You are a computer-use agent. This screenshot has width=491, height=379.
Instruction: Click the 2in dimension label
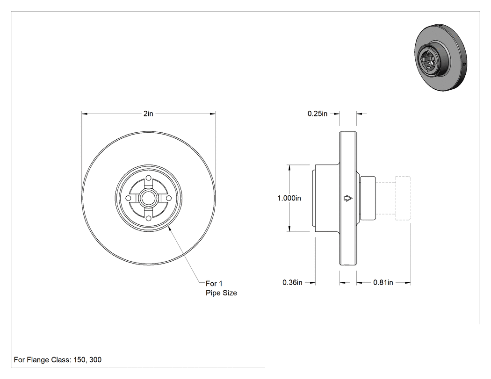pyautogui.click(x=148, y=114)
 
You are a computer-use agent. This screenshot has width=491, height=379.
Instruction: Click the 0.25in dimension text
pyautogui.click(x=317, y=114)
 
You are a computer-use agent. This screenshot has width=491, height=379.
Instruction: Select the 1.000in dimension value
pyautogui.click(x=289, y=198)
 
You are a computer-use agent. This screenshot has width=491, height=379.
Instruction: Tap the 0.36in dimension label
pyautogui.click(x=292, y=282)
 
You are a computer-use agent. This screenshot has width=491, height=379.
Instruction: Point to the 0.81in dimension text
pyautogui.click(x=383, y=282)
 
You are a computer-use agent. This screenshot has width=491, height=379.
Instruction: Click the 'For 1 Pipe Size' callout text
pyautogui.click(x=221, y=288)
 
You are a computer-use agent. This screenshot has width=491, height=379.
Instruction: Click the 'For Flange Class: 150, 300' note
pyautogui.click(x=58, y=359)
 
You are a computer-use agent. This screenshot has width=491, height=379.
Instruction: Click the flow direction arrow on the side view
pyautogui.click(x=348, y=198)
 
